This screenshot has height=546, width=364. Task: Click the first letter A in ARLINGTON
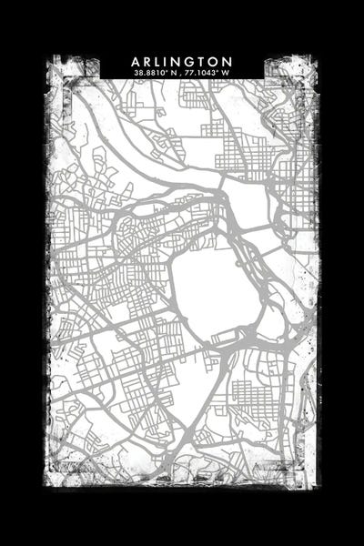(x=136, y=60)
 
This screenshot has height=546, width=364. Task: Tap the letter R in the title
(x=149, y=60)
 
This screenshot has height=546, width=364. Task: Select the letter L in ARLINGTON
(x=161, y=60)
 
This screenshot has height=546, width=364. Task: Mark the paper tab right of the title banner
(x=284, y=67)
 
